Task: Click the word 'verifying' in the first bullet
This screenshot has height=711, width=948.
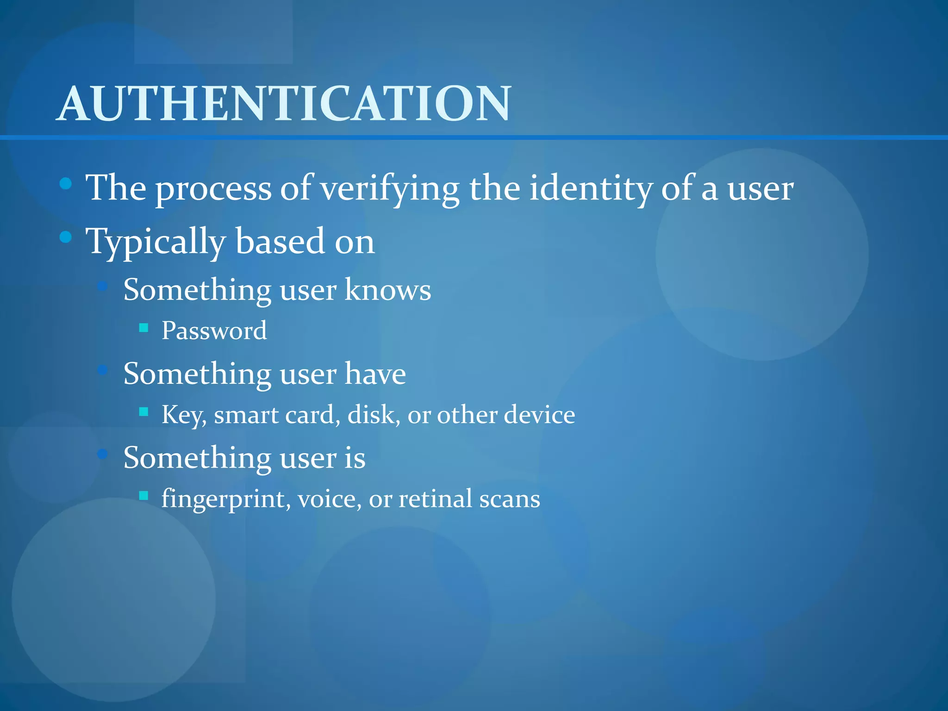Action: (390, 189)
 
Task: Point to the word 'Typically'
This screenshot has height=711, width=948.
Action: (156, 242)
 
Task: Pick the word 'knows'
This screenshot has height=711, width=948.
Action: (388, 290)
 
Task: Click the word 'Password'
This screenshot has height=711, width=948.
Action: (214, 331)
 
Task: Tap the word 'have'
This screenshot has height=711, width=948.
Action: (375, 374)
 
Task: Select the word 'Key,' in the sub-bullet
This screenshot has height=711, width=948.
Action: (184, 415)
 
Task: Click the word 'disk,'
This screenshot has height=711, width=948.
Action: (374, 414)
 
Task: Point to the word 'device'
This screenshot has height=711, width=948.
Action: (539, 414)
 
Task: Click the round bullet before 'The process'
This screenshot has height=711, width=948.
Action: (66, 184)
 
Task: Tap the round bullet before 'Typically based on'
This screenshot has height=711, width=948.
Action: (66, 237)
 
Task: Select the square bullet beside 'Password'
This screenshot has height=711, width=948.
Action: (143, 328)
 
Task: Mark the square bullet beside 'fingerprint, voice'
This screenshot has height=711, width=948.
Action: (143, 496)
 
